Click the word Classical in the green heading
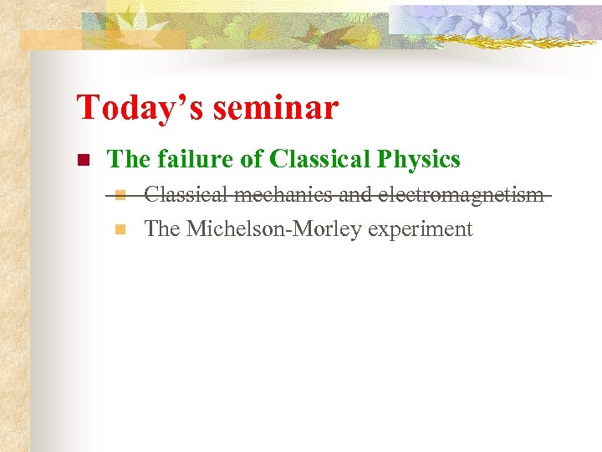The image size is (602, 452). [x=319, y=158]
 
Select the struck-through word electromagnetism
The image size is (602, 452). [x=461, y=196]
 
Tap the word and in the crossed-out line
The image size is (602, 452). [x=356, y=196]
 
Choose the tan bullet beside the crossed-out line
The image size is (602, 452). [x=120, y=196]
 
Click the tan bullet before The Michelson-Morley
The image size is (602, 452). [x=120, y=229]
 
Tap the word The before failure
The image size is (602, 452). [x=128, y=158]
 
